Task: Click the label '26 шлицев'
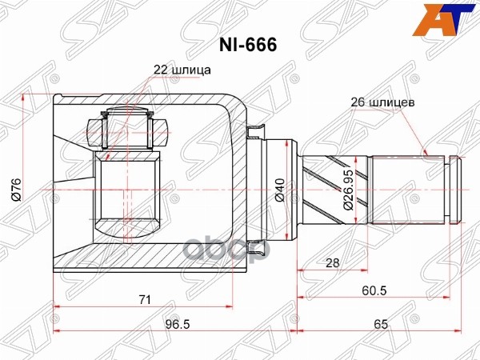[382, 102]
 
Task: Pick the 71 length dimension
[144, 299]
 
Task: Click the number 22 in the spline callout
[160, 69]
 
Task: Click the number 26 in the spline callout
[357, 102]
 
